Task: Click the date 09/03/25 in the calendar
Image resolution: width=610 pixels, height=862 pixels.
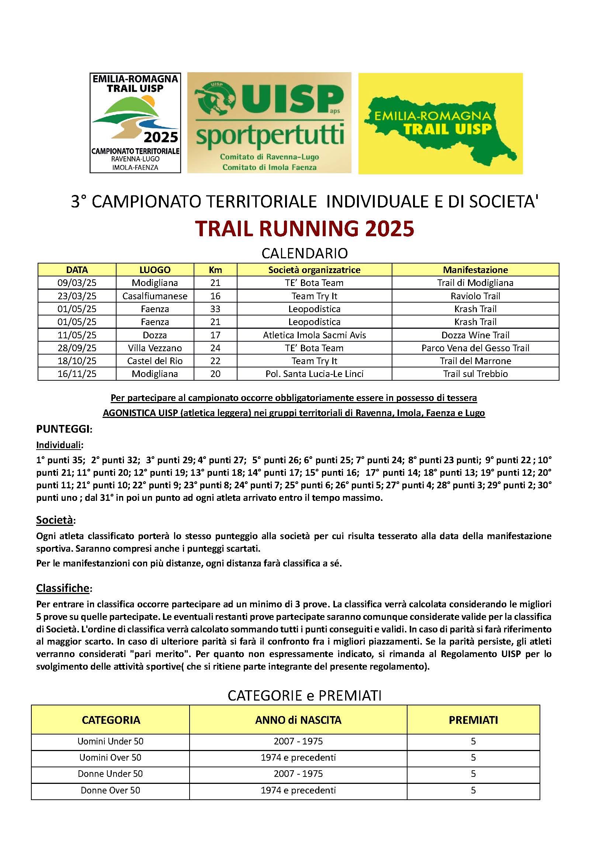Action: coord(77,283)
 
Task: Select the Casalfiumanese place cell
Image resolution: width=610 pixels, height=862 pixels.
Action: coord(155,296)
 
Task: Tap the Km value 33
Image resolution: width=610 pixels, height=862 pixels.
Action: coord(215,309)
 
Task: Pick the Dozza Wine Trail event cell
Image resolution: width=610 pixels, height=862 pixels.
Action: coord(475,335)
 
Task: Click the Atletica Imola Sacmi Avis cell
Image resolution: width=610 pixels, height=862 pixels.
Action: coord(314,335)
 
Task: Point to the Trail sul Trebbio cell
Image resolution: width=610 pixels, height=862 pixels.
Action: coord(475,374)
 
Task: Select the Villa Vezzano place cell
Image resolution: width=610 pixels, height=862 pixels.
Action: coord(155,348)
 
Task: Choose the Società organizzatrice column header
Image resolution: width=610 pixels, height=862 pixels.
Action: coord(314,269)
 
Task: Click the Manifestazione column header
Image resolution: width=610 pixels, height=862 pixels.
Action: coord(475,269)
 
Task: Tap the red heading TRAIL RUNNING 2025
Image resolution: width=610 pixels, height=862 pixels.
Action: coord(305,228)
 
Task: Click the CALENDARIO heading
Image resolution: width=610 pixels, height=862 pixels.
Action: coord(305,254)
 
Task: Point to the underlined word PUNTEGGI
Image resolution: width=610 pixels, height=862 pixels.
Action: coord(63,429)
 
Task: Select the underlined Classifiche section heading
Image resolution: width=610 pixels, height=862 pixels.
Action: coord(63,588)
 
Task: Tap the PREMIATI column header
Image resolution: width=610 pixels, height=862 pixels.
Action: coord(473,720)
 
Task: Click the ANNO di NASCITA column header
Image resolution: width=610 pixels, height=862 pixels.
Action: coord(298,720)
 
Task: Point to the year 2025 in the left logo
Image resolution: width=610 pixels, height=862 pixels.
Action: coord(161,137)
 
